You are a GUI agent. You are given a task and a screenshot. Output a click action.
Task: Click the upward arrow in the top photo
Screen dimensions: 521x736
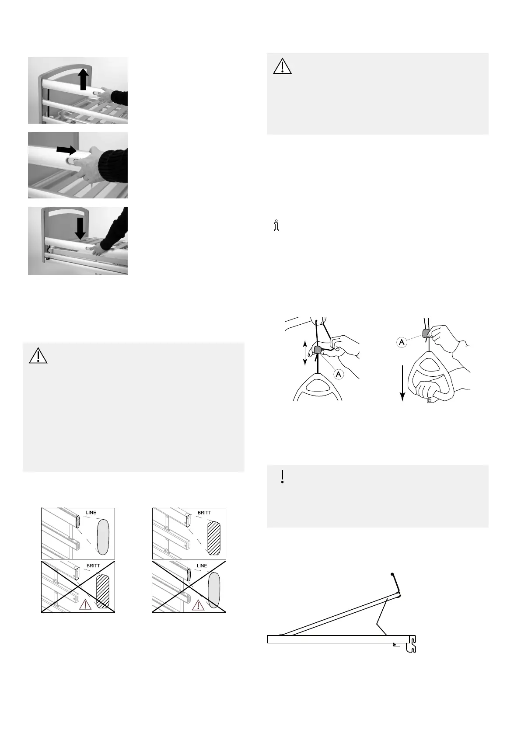(84, 80)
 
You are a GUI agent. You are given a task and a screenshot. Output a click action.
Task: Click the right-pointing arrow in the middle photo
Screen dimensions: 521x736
(66, 150)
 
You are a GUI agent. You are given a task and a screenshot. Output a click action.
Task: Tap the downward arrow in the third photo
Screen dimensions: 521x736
(80, 229)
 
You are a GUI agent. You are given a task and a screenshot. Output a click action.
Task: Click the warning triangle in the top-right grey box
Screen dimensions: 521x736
(283, 66)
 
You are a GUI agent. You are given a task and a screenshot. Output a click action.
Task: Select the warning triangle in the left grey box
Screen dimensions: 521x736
(38, 356)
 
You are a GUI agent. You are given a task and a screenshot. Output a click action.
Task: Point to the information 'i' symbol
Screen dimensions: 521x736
(276, 226)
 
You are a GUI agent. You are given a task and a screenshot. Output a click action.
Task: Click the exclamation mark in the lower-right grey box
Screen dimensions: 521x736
(283, 476)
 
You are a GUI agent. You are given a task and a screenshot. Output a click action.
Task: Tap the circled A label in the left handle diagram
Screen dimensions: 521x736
(338, 374)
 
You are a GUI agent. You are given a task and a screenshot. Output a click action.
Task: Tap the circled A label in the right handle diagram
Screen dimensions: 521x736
(402, 342)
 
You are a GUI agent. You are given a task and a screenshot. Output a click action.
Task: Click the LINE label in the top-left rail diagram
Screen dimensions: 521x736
(91, 513)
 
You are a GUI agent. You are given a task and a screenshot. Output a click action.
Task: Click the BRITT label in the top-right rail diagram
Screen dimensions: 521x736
(204, 513)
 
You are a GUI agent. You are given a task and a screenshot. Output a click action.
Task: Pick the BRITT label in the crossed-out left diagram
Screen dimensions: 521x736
(93, 566)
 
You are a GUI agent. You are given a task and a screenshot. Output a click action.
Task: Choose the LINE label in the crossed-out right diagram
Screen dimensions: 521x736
(202, 566)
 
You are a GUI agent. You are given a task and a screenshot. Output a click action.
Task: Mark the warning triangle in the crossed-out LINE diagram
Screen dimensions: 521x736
(198, 605)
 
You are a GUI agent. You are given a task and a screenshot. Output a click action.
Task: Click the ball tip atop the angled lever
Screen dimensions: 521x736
(392, 574)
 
